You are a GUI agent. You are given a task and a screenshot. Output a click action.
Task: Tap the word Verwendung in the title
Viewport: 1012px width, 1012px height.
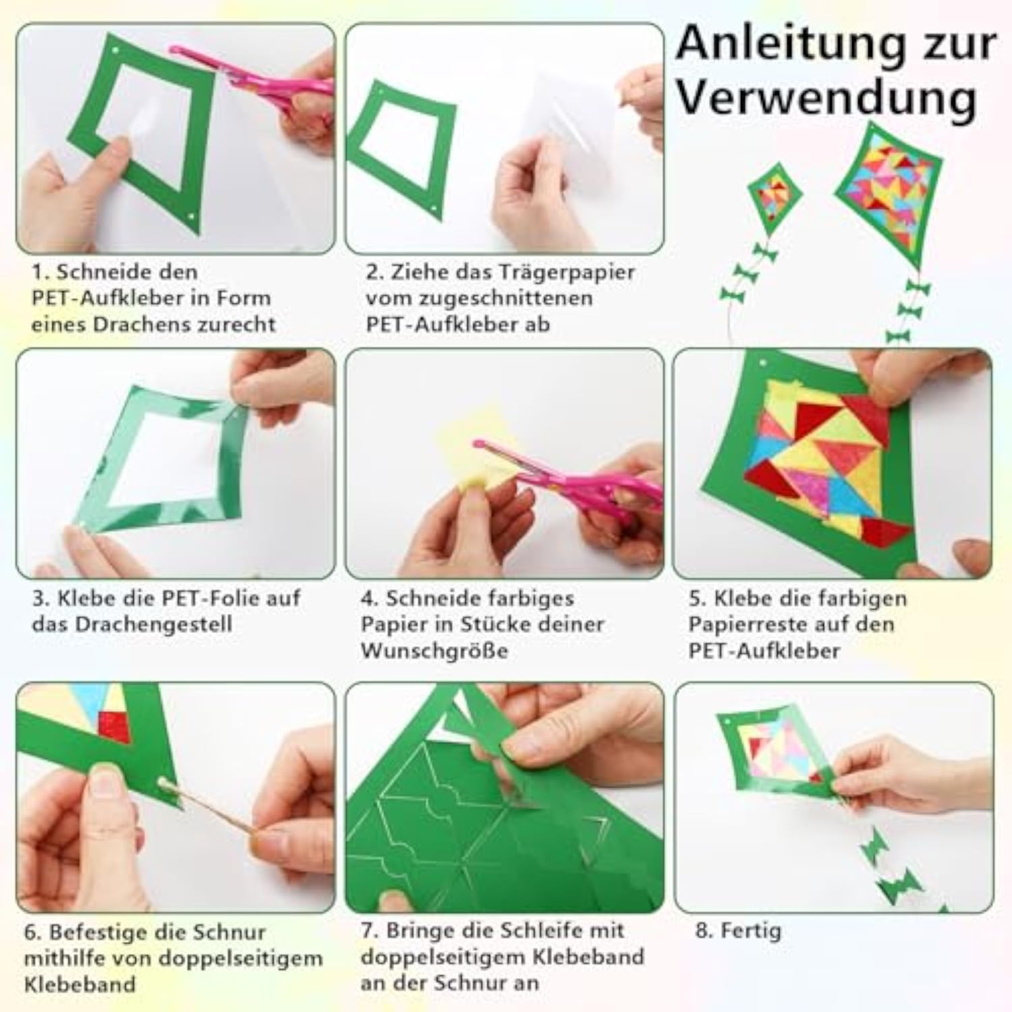(x=826, y=99)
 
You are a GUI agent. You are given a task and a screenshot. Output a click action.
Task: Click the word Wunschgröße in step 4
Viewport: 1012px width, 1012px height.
(x=434, y=652)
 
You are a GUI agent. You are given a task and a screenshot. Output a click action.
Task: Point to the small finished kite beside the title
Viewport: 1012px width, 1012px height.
(x=775, y=196)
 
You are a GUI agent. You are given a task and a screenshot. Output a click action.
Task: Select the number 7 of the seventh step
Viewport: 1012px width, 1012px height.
(x=368, y=932)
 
